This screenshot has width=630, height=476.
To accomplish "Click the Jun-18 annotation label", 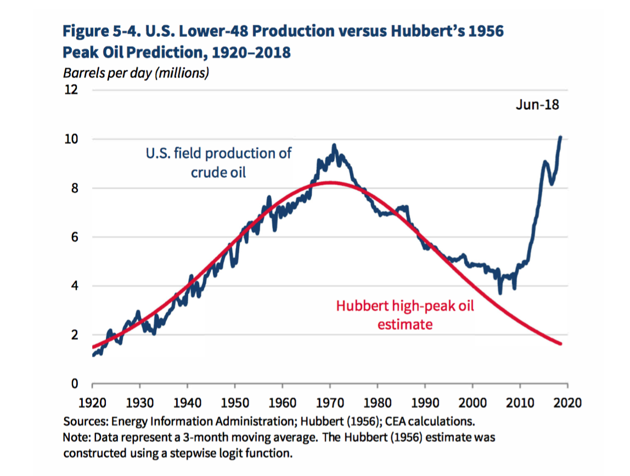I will (537, 104).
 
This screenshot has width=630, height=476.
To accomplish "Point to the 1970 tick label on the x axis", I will (330, 403).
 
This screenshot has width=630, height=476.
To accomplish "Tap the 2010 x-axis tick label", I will (520, 403).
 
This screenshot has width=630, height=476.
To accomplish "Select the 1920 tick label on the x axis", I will (92, 403).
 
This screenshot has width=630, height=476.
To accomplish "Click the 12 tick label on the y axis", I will (71, 90).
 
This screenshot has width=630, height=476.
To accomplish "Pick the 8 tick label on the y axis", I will (75, 188).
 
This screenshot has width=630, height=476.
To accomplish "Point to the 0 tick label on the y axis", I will (75, 384).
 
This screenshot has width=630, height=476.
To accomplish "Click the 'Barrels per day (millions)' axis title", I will (136, 73).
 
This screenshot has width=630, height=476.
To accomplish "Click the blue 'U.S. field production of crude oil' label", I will (218, 162).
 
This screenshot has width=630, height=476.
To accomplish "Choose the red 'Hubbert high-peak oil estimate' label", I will (405, 314).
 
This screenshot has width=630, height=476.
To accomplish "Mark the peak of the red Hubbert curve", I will (329, 183).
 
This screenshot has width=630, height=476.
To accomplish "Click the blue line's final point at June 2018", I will (560, 137).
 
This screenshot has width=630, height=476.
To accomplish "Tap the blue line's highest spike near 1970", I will (334, 145).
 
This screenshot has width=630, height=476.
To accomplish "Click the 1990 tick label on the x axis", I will (425, 403).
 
